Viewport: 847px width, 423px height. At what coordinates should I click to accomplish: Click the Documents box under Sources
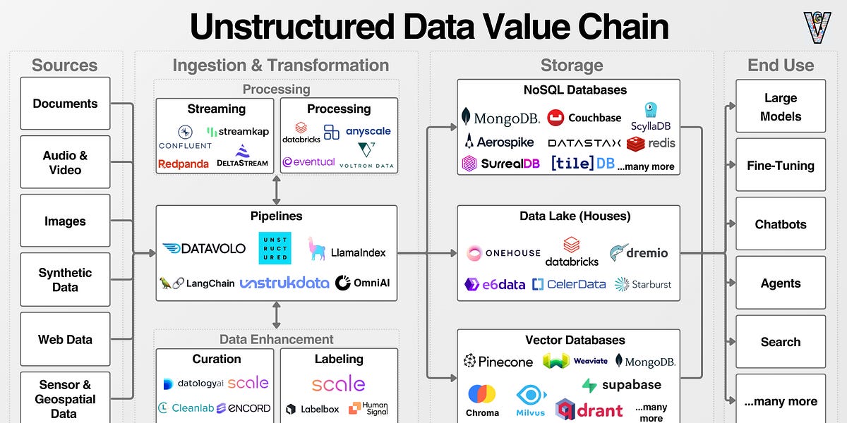[x=65, y=104]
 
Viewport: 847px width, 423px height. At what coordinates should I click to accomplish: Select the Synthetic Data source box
[x=65, y=280]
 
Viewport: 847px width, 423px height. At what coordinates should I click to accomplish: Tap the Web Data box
[x=65, y=339]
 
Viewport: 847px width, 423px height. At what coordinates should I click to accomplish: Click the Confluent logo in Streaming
[x=185, y=137]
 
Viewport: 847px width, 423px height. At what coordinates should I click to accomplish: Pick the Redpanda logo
[x=183, y=164]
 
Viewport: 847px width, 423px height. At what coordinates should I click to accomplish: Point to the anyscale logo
[x=368, y=131]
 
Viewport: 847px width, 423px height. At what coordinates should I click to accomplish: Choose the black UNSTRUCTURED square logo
[x=274, y=248]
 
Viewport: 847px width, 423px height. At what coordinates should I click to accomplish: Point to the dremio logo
[x=639, y=252]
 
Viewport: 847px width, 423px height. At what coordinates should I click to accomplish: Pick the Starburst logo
[x=642, y=284]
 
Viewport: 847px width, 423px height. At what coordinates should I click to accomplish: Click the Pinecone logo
[x=498, y=362]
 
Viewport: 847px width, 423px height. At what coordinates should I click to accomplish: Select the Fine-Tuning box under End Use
[x=781, y=166]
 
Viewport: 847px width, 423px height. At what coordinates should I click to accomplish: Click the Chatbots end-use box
[x=781, y=224]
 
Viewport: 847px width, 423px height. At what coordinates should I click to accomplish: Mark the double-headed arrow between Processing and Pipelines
[x=276, y=190]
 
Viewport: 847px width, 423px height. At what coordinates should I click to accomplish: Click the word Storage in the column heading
[x=572, y=66]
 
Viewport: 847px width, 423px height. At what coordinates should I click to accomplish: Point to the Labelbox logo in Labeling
[x=313, y=409]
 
